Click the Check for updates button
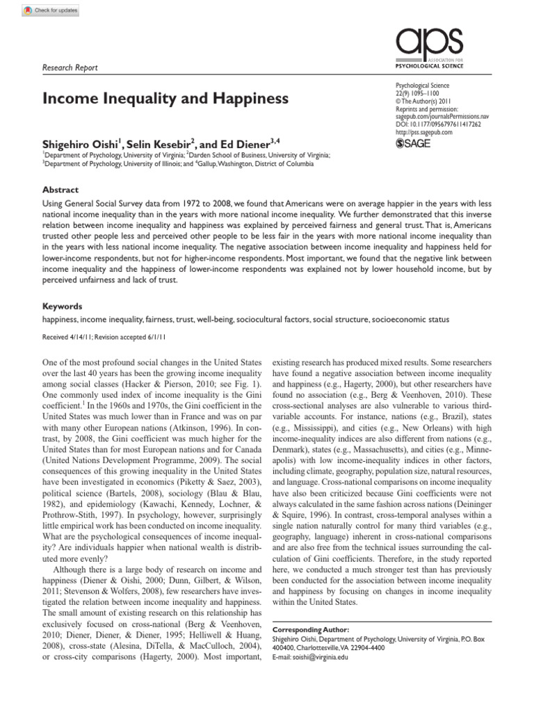pos(51,10)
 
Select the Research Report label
pos(70,67)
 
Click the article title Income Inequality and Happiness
pos(165,99)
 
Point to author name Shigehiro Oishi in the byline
pos(79,144)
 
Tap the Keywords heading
pos(63,306)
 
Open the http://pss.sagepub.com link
pos(423,132)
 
